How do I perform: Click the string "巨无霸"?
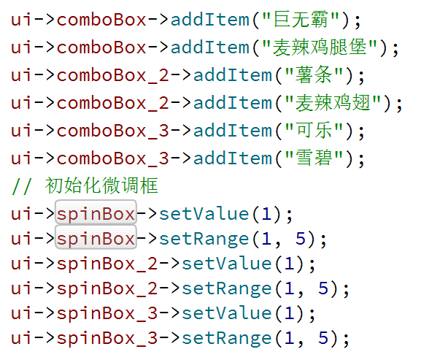point(301,19)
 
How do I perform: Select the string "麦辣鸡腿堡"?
point(320,47)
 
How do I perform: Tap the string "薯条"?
point(314,75)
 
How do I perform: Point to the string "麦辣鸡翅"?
point(333,103)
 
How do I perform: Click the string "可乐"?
point(314,131)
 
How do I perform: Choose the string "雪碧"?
point(314,158)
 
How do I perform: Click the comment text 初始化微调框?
point(101,185)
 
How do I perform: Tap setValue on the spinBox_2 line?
point(227,264)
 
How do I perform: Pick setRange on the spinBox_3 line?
point(227,338)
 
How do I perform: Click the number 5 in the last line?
point(323,337)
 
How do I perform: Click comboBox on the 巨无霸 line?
point(101,20)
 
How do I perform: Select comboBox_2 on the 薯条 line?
point(112,75)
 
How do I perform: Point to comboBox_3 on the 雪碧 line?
point(112,158)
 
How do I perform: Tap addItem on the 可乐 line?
point(233,131)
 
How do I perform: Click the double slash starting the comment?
point(21,186)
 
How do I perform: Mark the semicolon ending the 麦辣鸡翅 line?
point(399,104)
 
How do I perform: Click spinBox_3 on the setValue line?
point(107,313)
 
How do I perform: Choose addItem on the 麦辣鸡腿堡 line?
point(209,47)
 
